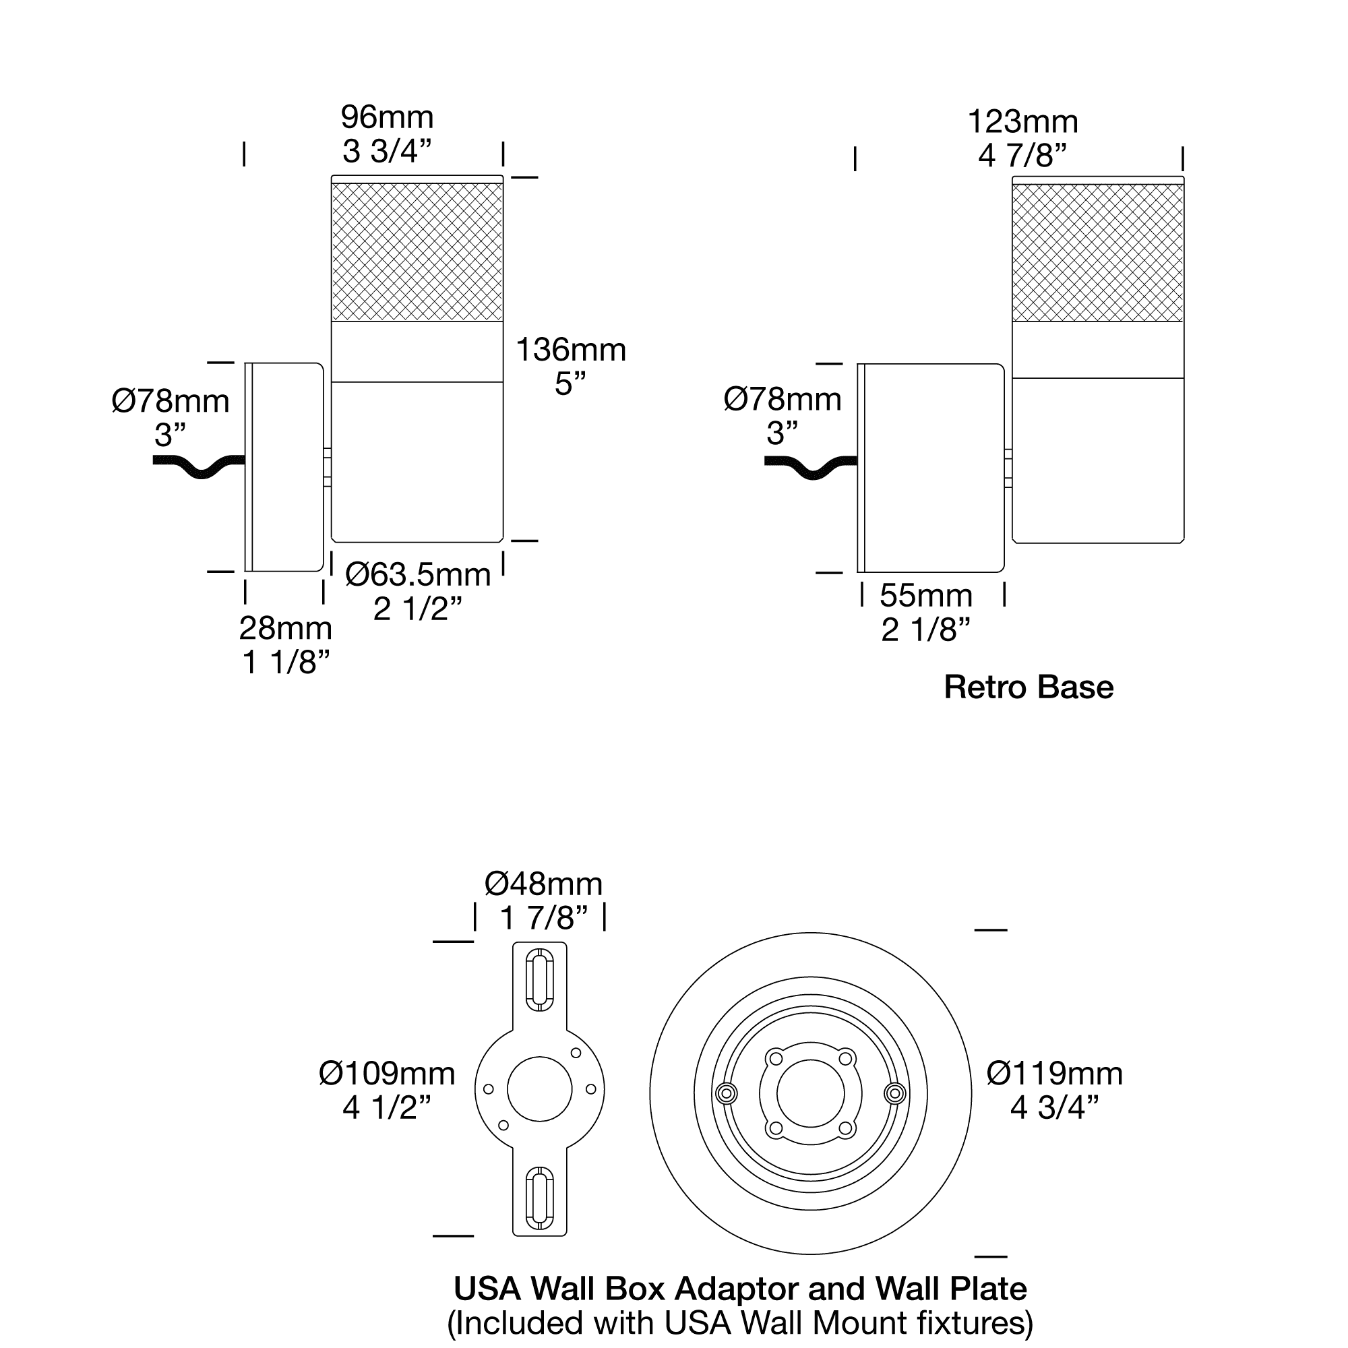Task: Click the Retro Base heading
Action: coord(1029,687)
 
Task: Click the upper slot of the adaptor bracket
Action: coord(539,979)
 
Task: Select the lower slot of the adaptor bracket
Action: coord(539,1197)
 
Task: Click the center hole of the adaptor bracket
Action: coord(539,1089)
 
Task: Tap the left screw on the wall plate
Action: coord(727,1093)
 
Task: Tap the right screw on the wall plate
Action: coord(894,1093)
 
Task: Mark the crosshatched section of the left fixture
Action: coord(417,252)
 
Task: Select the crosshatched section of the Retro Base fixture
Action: coord(1098,253)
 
